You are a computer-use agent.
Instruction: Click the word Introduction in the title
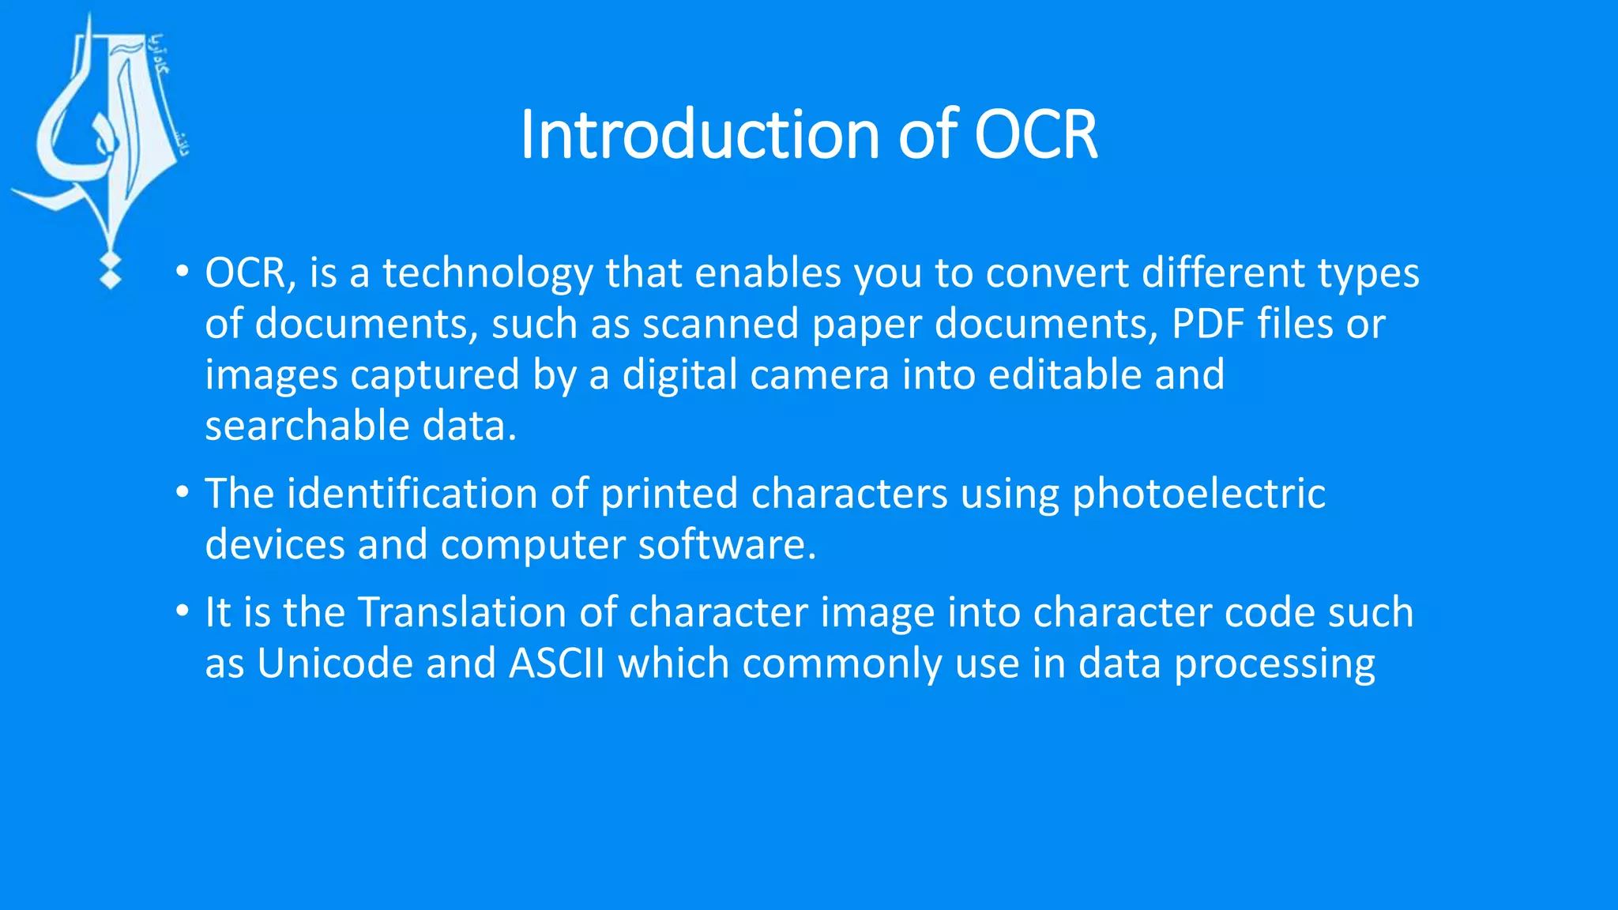point(700,135)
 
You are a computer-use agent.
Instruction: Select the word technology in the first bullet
point(487,274)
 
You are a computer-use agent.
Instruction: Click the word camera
point(819,375)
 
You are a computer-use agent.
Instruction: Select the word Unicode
point(335,664)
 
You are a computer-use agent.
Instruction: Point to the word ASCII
point(557,664)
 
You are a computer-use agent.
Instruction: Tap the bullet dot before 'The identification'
point(182,492)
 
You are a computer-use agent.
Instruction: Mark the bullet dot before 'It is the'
point(182,611)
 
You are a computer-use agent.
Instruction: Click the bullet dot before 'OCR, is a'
point(182,272)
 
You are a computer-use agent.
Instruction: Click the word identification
point(412,494)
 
